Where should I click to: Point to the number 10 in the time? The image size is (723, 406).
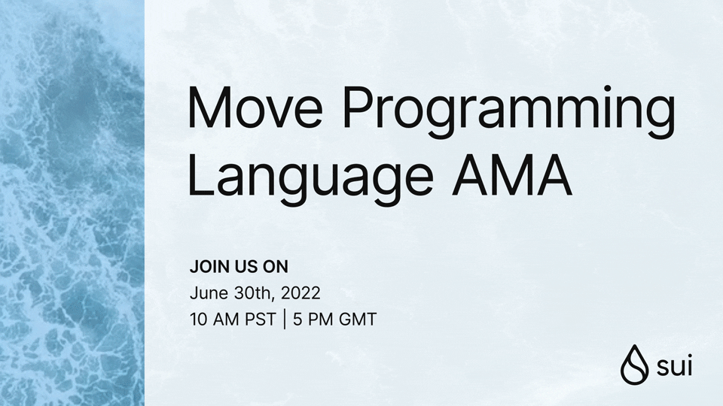coord(199,319)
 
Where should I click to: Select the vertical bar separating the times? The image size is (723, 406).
coord(285,319)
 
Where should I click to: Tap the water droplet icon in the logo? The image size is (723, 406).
coord(635,365)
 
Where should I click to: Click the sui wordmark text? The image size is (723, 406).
coord(674,367)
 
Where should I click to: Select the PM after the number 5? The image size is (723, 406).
coord(320,319)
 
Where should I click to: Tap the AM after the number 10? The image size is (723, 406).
coord(225,319)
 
